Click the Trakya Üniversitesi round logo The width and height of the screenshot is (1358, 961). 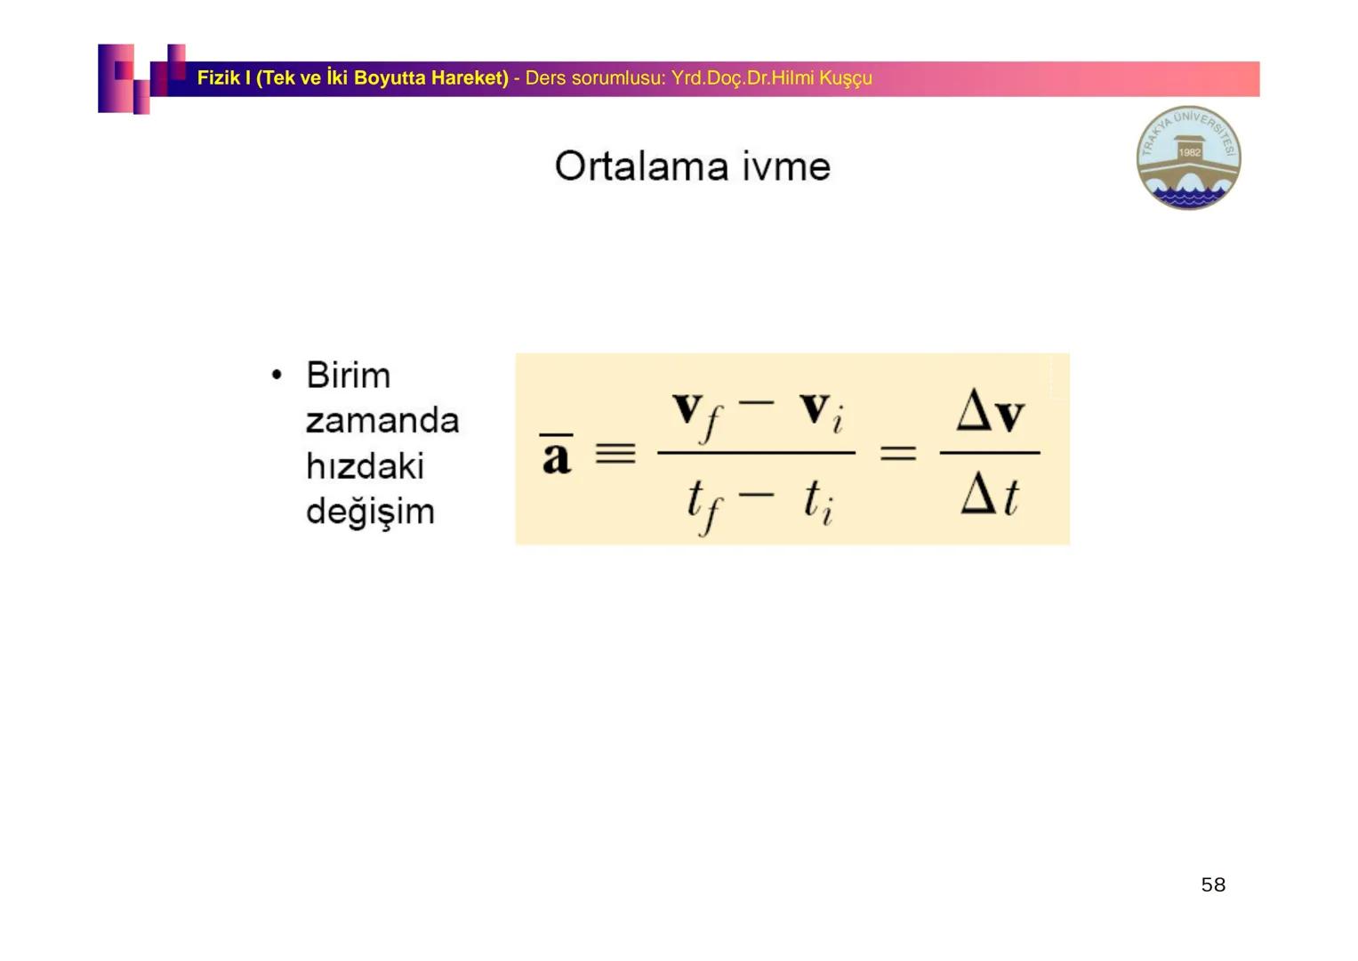tap(1189, 157)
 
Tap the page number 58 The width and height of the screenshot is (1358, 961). tap(1213, 884)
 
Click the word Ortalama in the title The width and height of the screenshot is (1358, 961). tap(641, 166)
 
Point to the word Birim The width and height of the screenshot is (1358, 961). tap(348, 375)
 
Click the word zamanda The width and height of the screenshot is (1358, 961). tap(382, 420)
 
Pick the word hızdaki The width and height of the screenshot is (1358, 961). tap(365, 466)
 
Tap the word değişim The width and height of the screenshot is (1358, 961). tap(371, 513)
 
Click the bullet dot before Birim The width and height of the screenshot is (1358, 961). tap(277, 375)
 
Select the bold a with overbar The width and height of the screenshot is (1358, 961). tap(557, 454)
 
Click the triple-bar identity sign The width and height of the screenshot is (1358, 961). tap(615, 453)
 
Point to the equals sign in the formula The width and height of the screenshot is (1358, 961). tap(898, 453)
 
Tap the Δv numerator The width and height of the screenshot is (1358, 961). tap(991, 410)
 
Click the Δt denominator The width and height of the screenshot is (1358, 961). tap(990, 495)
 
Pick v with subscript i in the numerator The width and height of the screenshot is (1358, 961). tap(822, 412)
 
